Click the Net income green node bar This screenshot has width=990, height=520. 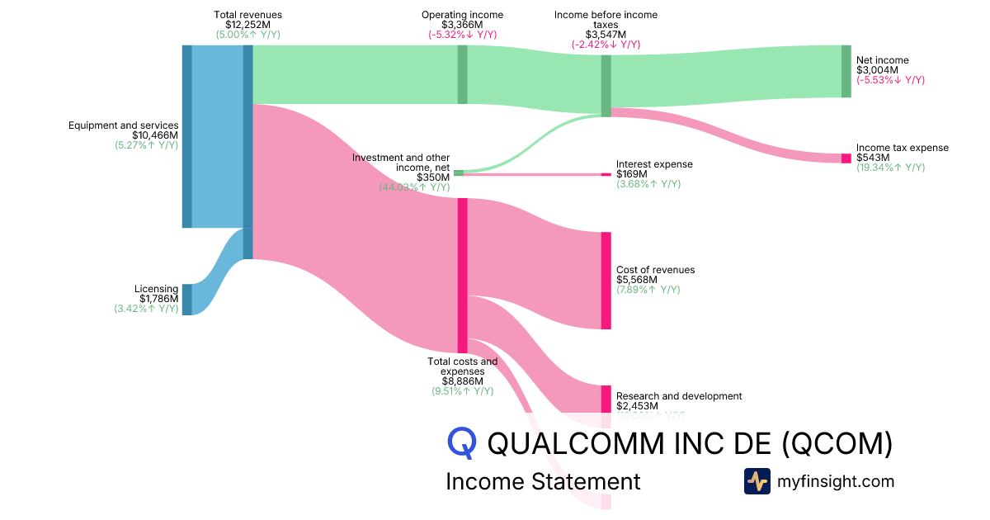pyautogui.click(x=846, y=72)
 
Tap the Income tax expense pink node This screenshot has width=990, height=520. pyautogui.click(x=846, y=158)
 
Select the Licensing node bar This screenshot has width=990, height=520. pyautogui.click(x=186, y=300)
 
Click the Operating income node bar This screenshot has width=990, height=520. pyautogui.click(x=462, y=74)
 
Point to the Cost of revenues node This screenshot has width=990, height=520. pyautogui.click(x=606, y=281)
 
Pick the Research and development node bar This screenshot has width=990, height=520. pyautogui.click(x=606, y=399)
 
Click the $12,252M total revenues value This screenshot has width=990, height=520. pyautogui.click(x=247, y=25)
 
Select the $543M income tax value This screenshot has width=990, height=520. pyautogui.click(x=873, y=158)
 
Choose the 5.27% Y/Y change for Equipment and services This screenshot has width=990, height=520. pyautogui.click(x=147, y=145)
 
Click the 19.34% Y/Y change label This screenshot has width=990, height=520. pyautogui.click(x=890, y=168)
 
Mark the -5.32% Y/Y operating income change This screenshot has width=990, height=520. pyautogui.click(x=462, y=35)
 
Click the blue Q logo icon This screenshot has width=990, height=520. pyautogui.click(x=463, y=443)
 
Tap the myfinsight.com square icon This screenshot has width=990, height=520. pyautogui.click(x=757, y=481)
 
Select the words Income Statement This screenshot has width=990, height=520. pyautogui.click(x=543, y=481)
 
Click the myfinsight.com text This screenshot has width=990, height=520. pyautogui.click(x=836, y=481)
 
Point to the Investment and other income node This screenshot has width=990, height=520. pyautogui.click(x=459, y=173)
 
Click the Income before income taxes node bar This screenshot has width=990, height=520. pyautogui.click(x=606, y=86)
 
